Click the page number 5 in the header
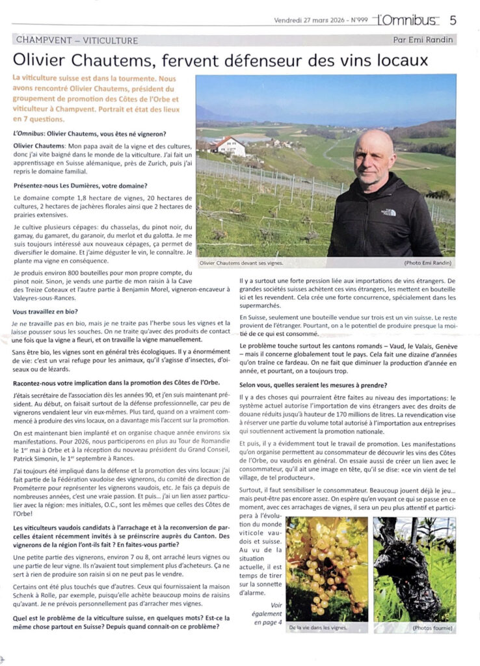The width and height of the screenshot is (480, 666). [x=453, y=20]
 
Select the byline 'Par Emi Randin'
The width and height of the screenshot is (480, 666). [x=423, y=40]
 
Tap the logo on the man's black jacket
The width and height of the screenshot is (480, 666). [x=388, y=212]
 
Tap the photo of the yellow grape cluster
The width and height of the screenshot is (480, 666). [x=327, y=569]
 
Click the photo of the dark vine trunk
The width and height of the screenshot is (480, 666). [x=414, y=569]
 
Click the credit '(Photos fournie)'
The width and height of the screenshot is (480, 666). [x=431, y=628]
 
